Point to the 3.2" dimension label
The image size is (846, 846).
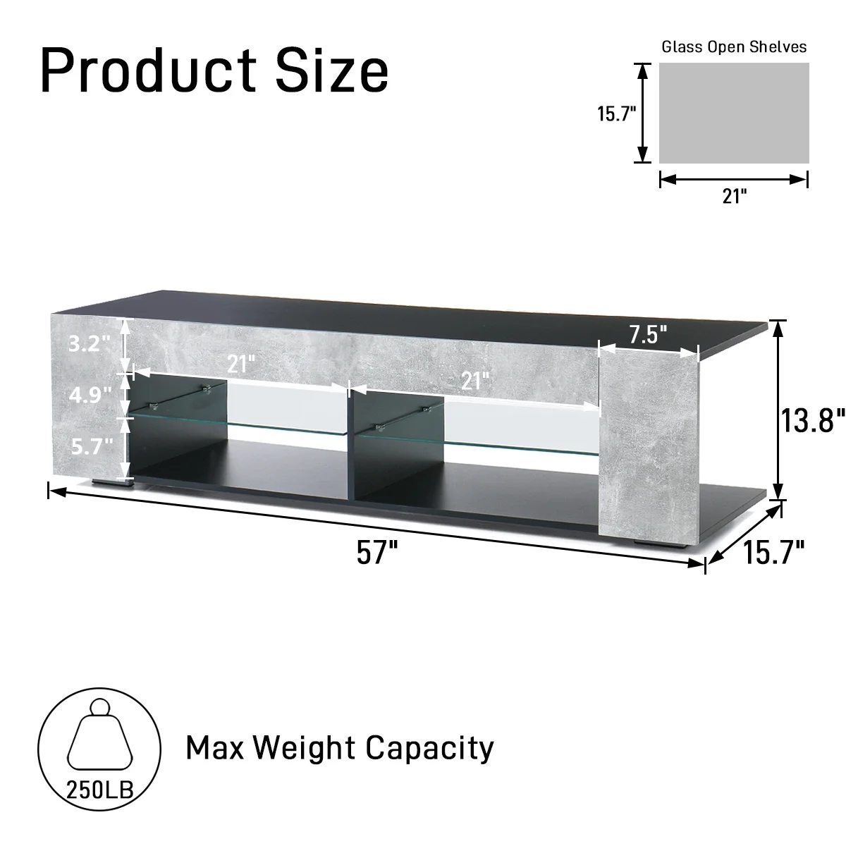(x=90, y=343)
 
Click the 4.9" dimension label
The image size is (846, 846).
(x=90, y=394)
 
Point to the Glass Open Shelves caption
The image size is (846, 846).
(x=733, y=47)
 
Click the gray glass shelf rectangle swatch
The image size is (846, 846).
(x=734, y=114)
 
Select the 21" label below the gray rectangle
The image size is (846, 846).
(x=734, y=196)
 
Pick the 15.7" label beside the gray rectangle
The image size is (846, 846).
(x=617, y=114)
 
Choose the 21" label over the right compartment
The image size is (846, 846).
(x=475, y=381)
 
